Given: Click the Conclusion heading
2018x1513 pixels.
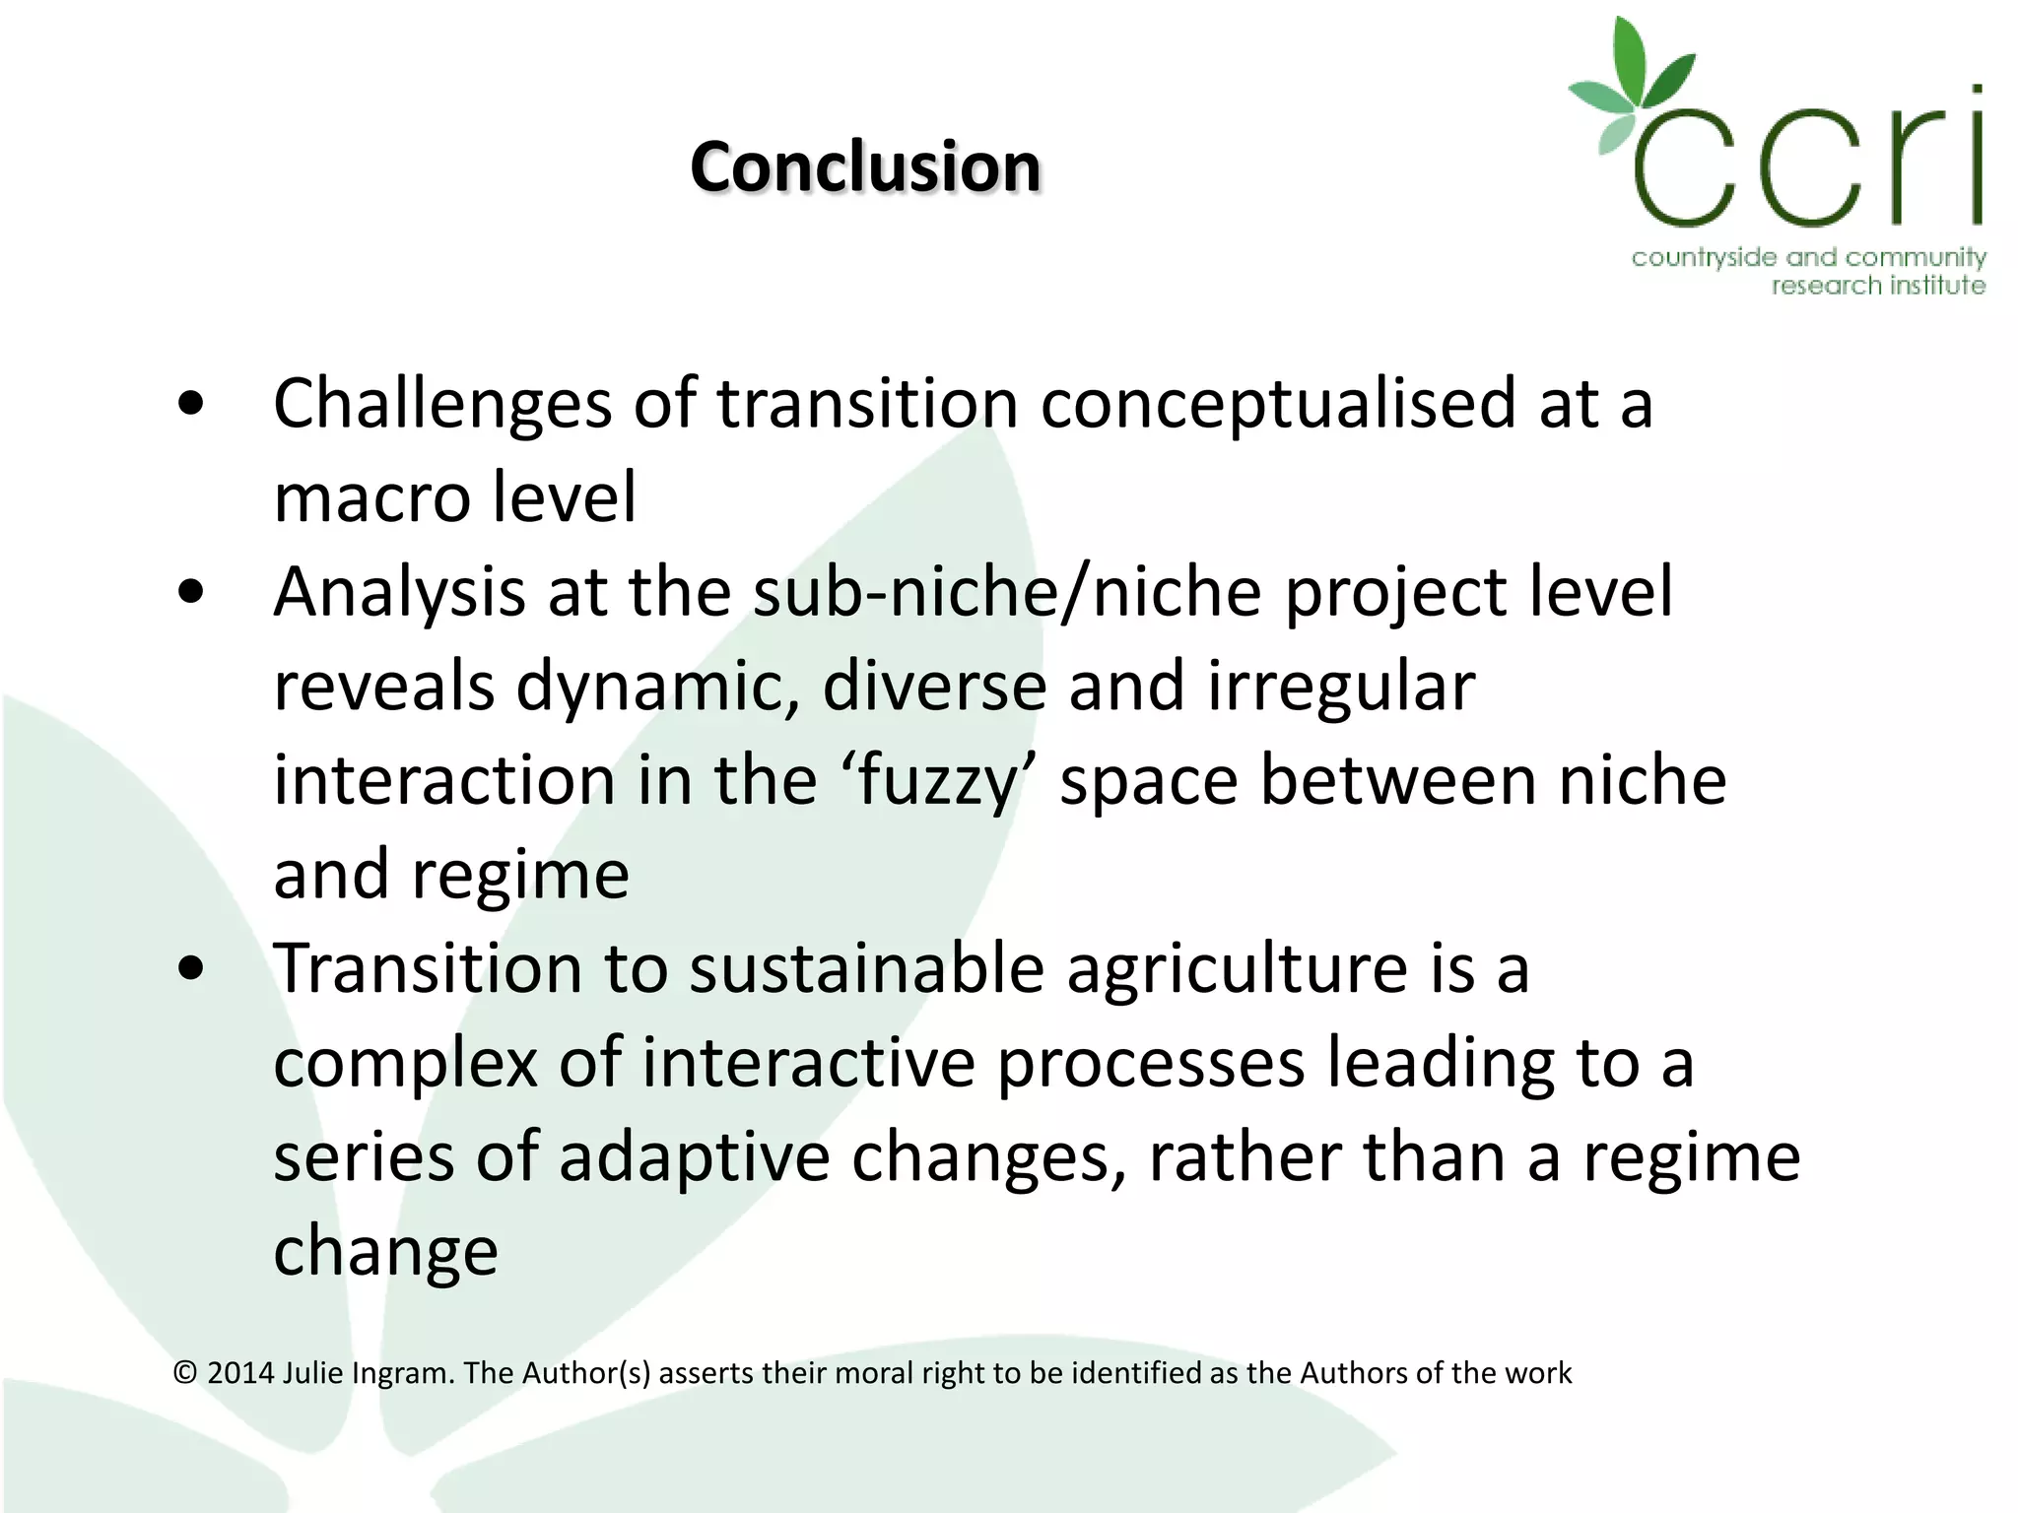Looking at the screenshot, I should click(x=865, y=166).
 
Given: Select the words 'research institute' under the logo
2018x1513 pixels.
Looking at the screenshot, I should click(x=1878, y=286).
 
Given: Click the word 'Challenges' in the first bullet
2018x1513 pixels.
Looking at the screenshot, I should click(x=442, y=405).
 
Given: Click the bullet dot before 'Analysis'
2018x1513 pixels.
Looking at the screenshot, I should click(x=191, y=591).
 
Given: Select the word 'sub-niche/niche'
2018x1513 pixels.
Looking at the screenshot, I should click(x=1007, y=591).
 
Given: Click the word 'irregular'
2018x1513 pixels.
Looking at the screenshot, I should click(x=1341, y=686).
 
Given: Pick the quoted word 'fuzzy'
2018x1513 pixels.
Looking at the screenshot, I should click(x=937, y=781).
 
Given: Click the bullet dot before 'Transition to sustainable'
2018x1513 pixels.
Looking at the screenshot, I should click(x=191, y=968).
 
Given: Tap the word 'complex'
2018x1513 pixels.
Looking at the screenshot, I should click(x=405, y=1064).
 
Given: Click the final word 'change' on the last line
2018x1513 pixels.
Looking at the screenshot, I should click(x=385, y=1251).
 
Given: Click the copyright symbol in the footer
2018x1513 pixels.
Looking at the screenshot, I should click(x=185, y=1373).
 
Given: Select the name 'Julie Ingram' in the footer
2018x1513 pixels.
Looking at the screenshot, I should click(x=368, y=1373).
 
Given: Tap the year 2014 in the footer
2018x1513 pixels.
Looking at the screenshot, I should click(x=240, y=1373).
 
